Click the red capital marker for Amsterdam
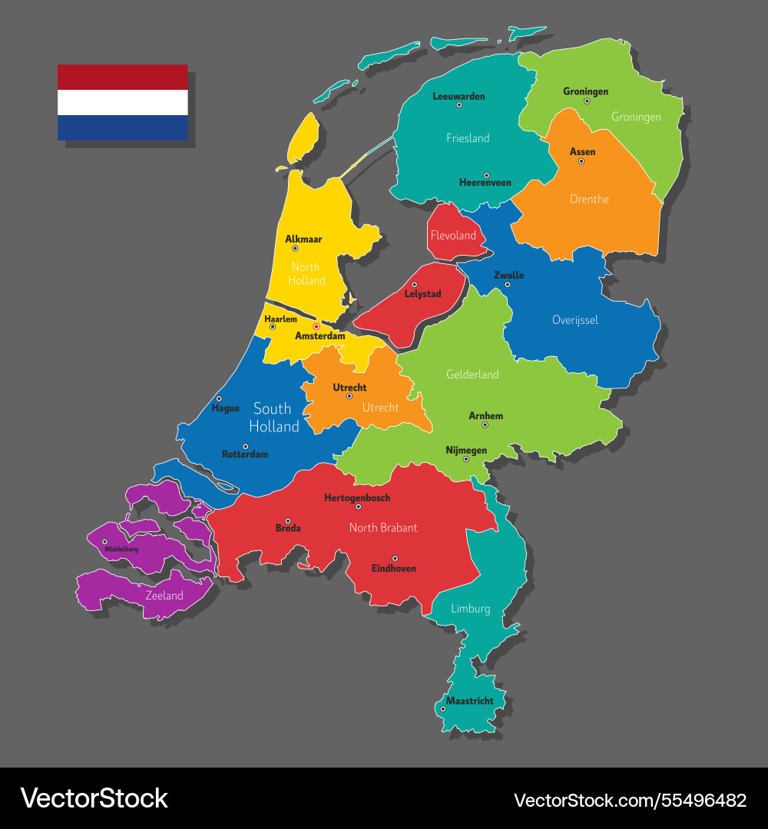click(x=316, y=326)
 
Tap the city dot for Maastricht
click(x=443, y=709)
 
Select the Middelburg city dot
click(x=104, y=541)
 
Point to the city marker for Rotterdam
click(x=246, y=446)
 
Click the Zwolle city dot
click(x=507, y=285)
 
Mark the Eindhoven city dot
click(x=395, y=558)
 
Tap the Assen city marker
click(x=581, y=161)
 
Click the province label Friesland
click(x=468, y=138)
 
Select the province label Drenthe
click(x=589, y=200)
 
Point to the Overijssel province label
click(x=575, y=320)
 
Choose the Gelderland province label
click(x=472, y=375)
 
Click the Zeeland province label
click(x=164, y=596)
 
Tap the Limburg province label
click(x=470, y=609)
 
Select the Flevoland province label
click(x=453, y=236)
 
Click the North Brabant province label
click(x=383, y=528)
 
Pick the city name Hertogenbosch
click(x=357, y=498)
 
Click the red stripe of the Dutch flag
click(x=123, y=77)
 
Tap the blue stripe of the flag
click(x=123, y=127)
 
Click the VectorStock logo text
click(x=94, y=798)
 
